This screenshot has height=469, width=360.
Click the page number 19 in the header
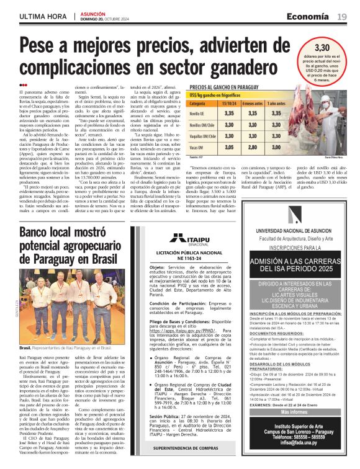click(x=341, y=16)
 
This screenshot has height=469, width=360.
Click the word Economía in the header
click(x=308, y=16)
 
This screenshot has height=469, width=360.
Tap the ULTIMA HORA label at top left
click(x=43, y=16)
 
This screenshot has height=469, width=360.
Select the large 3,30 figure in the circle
click(x=322, y=47)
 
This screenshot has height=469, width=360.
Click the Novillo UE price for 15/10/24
click(x=228, y=114)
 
